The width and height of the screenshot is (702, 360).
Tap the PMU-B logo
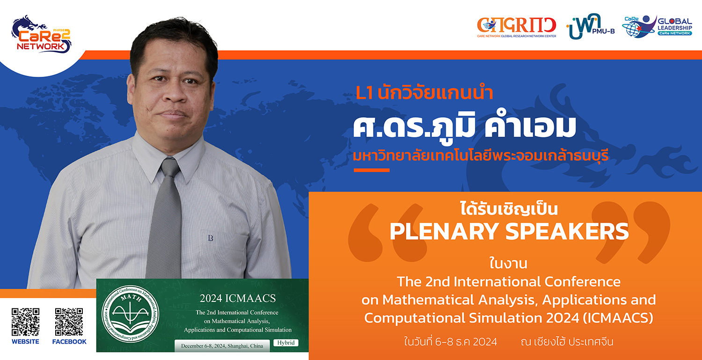coord(591,26)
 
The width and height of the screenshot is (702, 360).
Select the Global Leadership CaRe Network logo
coord(657,26)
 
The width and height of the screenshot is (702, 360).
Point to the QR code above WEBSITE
coord(25,322)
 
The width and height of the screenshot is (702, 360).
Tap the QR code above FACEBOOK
coord(69,322)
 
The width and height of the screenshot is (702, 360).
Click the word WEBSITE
coord(25,341)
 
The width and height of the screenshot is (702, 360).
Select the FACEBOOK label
coord(69,341)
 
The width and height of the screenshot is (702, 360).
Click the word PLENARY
coord(444,231)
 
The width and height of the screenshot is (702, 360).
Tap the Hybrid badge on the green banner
coord(286,343)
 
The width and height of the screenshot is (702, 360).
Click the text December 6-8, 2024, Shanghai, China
coord(222,346)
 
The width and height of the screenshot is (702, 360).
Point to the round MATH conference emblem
coord(131,314)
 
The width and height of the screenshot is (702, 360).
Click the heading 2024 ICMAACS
coord(238,298)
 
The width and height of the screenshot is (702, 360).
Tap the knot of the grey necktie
coord(170,167)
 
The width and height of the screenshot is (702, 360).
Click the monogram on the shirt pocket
coord(210,238)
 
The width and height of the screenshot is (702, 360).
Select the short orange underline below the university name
coord(372,170)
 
